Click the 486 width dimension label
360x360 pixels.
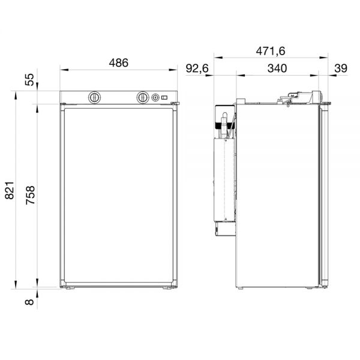[118, 63]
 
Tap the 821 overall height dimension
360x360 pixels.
[10, 190]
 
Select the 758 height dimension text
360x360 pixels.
[30, 195]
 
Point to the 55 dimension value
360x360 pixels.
[29, 79]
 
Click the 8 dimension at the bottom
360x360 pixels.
[29, 302]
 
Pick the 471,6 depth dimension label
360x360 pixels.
[271, 51]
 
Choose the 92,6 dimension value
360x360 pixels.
[197, 68]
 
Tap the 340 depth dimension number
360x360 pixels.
[277, 68]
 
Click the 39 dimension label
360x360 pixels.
[341, 68]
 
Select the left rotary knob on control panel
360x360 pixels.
[94, 98]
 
